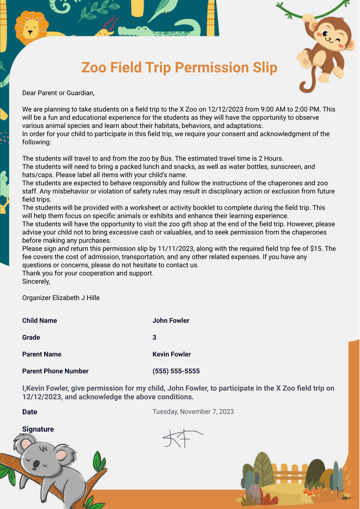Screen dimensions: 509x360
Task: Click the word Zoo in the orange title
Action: coord(94,68)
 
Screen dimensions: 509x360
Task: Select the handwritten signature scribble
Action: coord(181,438)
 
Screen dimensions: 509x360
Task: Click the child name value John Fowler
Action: coord(171,321)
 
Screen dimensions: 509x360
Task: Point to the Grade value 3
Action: coord(154,337)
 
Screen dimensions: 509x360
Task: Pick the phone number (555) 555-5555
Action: coord(176,371)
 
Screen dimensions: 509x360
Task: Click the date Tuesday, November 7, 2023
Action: coord(193,412)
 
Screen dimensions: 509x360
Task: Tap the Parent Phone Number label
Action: coord(55,371)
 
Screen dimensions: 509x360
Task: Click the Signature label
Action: coord(38,429)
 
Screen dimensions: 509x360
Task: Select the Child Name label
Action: coord(40,321)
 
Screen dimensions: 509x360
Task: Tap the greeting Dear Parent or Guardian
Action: coord(58,93)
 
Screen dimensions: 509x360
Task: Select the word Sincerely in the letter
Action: coord(36,281)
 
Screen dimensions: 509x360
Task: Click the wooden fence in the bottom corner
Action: coord(287,473)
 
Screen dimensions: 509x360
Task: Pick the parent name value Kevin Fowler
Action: coord(172,354)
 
